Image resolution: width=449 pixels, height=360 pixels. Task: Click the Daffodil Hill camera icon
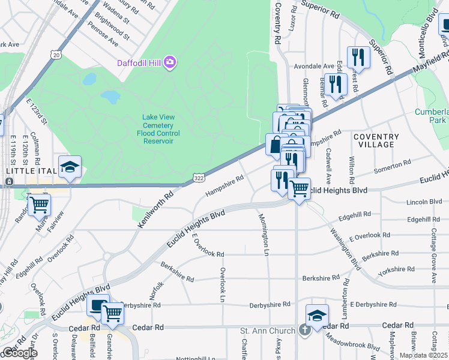(170, 62)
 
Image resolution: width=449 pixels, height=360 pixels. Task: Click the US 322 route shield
(198, 178)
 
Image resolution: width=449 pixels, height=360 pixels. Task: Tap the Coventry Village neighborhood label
(376, 140)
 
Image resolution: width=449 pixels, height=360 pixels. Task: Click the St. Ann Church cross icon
(304, 331)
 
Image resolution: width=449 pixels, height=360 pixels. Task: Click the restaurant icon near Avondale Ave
(358, 58)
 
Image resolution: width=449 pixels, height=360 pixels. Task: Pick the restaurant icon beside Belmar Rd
(335, 84)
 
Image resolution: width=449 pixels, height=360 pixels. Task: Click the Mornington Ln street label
(263, 234)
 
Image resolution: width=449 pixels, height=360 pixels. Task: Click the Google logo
(19, 353)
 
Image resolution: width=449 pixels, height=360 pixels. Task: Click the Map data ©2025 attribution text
(423, 355)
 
